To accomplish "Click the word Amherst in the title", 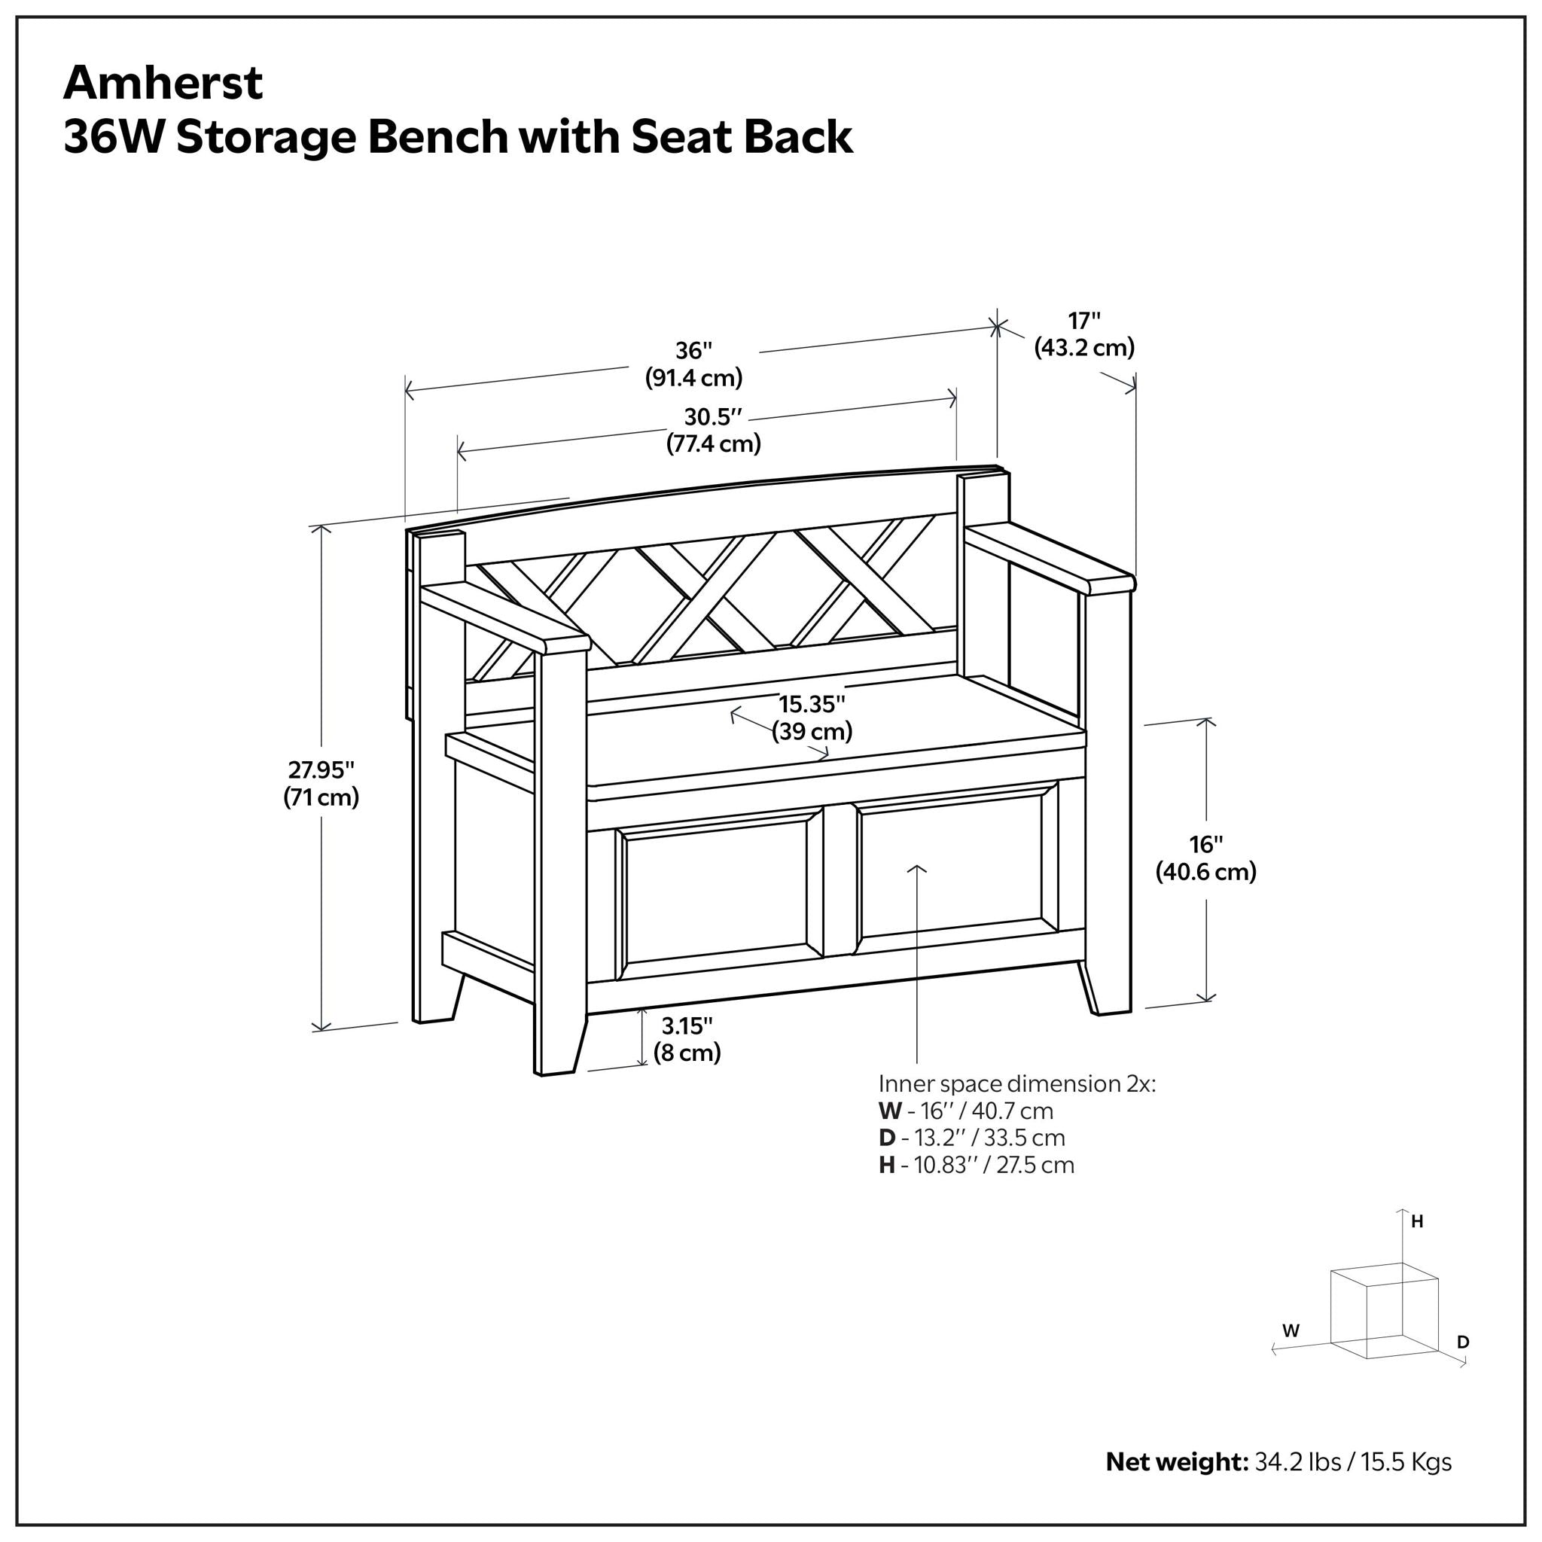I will pos(163,83).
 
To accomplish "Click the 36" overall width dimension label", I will pos(693,364).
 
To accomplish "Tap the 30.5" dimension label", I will pos(713,429).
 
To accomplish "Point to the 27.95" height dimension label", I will pos(321,783).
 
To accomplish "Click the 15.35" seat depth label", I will pos(812,717).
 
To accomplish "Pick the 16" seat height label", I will pos(1205,857).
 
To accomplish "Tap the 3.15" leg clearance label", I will pos(687,1039).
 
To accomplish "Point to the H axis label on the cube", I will pos(1417,1221).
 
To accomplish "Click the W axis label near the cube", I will pos(1291,1330).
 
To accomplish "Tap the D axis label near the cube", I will pos(1462,1342).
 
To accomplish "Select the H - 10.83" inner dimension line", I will pos(976,1165).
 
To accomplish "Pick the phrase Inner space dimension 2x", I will pos(1016,1083).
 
